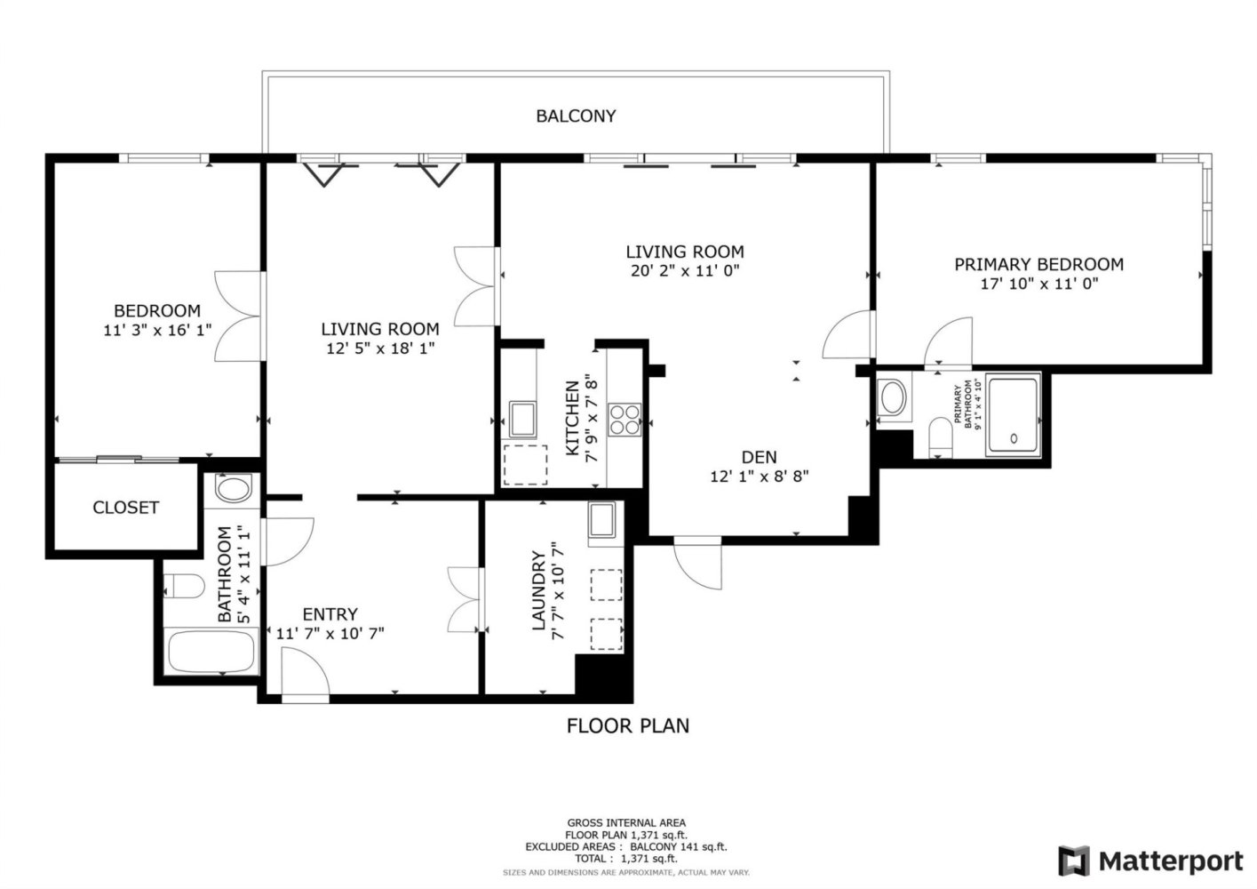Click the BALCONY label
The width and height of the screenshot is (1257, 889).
(576, 116)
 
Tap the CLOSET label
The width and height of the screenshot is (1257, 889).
(126, 508)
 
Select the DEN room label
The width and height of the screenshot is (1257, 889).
(760, 457)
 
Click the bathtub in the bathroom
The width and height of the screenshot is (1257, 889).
(212, 652)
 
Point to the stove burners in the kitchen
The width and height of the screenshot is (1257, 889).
(625, 420)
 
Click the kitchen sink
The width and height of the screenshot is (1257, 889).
(522, 419)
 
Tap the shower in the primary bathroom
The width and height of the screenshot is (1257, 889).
(1013, 415)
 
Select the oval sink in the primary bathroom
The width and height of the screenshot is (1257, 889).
(894, 397)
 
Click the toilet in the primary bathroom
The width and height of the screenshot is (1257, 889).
(941, 437)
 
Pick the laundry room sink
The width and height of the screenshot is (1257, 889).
(601, 519)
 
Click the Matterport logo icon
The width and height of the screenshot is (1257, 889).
(1074, 861)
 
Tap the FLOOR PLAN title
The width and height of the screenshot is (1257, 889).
(628, 725)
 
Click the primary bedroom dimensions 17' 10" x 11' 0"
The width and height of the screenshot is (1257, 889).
(1039, 284)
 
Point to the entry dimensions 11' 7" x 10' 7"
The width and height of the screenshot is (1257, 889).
(330, 634)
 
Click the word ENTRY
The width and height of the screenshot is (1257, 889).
(330, 613)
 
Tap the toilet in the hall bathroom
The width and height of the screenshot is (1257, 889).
(185, 587)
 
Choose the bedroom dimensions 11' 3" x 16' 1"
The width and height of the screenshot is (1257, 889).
(157, 330)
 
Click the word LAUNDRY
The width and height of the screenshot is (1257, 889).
(538, 590)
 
